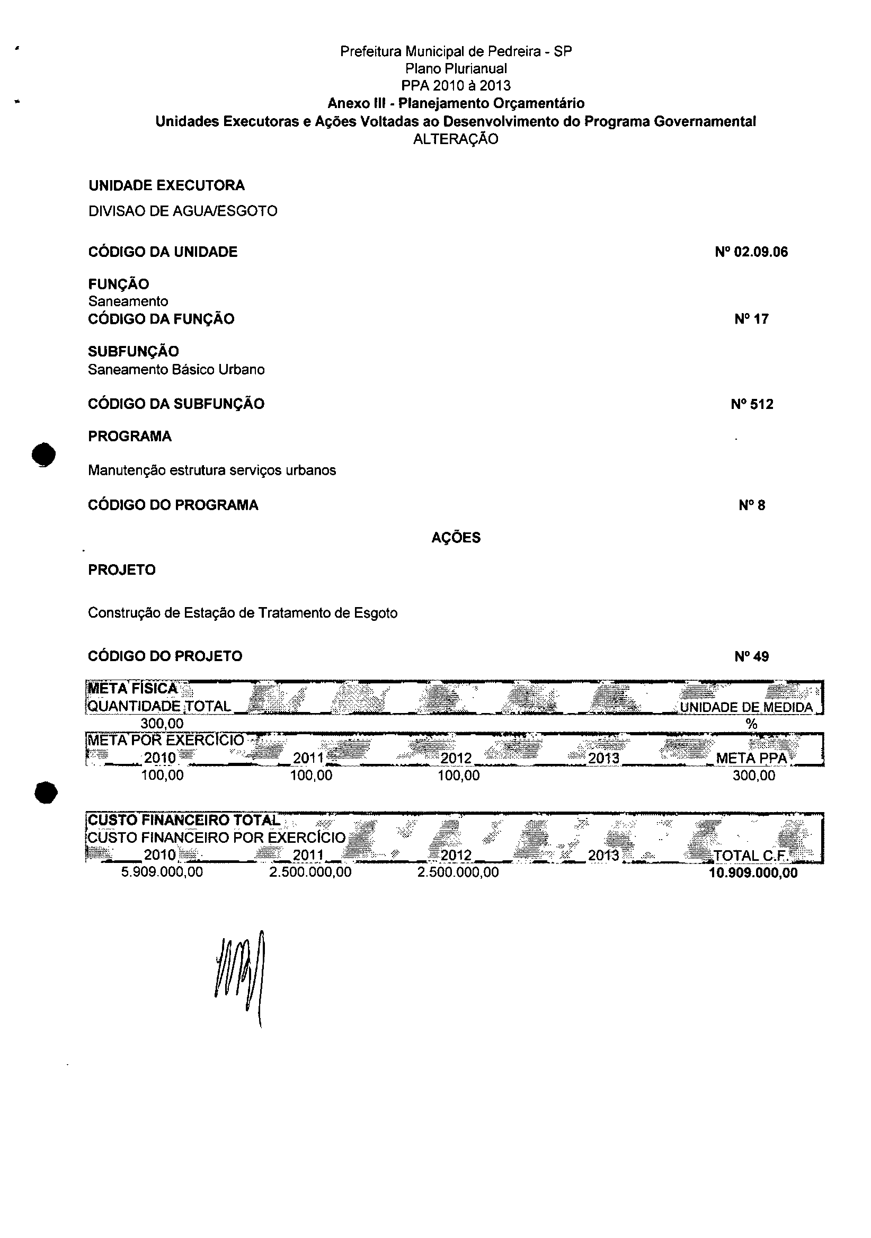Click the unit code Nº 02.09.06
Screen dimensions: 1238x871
click(x=751, y=252)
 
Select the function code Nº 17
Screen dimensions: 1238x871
click(x=751, y=319)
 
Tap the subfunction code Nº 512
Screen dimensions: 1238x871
click(x=752, y=404)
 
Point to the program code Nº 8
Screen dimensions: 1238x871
click(x=752, y=505)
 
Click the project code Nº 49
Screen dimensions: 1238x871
click(x=751, y=657)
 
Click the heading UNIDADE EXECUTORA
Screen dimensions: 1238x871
click(x=166, y=185)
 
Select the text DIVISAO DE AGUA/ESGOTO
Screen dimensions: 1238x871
click(x=183, y=211)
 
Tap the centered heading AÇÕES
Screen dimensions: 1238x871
click(x=456, y=538)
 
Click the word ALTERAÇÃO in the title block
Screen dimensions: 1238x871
click(x=456, y=139)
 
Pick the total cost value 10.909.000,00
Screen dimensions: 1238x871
click(x=753, y=873)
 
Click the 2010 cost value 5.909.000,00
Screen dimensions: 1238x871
click(x=162, y=872)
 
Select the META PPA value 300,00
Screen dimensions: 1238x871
click(x=753, y=776)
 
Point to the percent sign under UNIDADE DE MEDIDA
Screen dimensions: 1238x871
click(x=751, y=724)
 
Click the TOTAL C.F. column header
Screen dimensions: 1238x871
click(x=751, y=856)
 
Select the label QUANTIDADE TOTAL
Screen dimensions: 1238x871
click(x=159, y=706)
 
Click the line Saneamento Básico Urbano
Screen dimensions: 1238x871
click(x=176, y=370)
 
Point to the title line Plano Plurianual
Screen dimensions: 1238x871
click(x=456, y=68)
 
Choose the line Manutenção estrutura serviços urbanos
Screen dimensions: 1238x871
click(x=212, y=470)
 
